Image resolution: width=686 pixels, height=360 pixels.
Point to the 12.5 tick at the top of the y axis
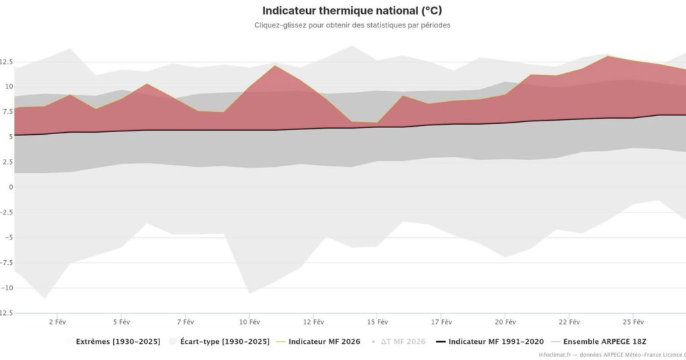pyautogui.click(x=7, y=62)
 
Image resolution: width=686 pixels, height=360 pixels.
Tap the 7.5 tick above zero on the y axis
pyautogui.click(x=7, y=112)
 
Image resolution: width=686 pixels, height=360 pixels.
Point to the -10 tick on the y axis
pyautogui.click(x=7, y=288)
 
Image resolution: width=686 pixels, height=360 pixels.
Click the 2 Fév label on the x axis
pyautogui.click(x=57, y=321)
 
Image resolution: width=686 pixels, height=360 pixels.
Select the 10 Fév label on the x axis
pyautogui.click(x=249, y=321)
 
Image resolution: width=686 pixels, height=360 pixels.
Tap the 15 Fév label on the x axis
pyautogui.click(x=377, y=321)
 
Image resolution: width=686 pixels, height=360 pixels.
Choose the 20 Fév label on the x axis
pyautogui.click(x=506, y=321)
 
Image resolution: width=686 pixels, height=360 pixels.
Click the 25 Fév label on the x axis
pyautogui.click(x=634, y=321)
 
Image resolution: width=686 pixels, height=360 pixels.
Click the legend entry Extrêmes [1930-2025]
pyautogui.click(x=118, y=341)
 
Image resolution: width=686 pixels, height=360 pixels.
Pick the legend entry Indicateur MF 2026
pyautogui.click(x=324, y=341)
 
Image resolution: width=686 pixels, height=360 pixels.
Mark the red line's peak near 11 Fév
pyautogui.click(x=275, y=65)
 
